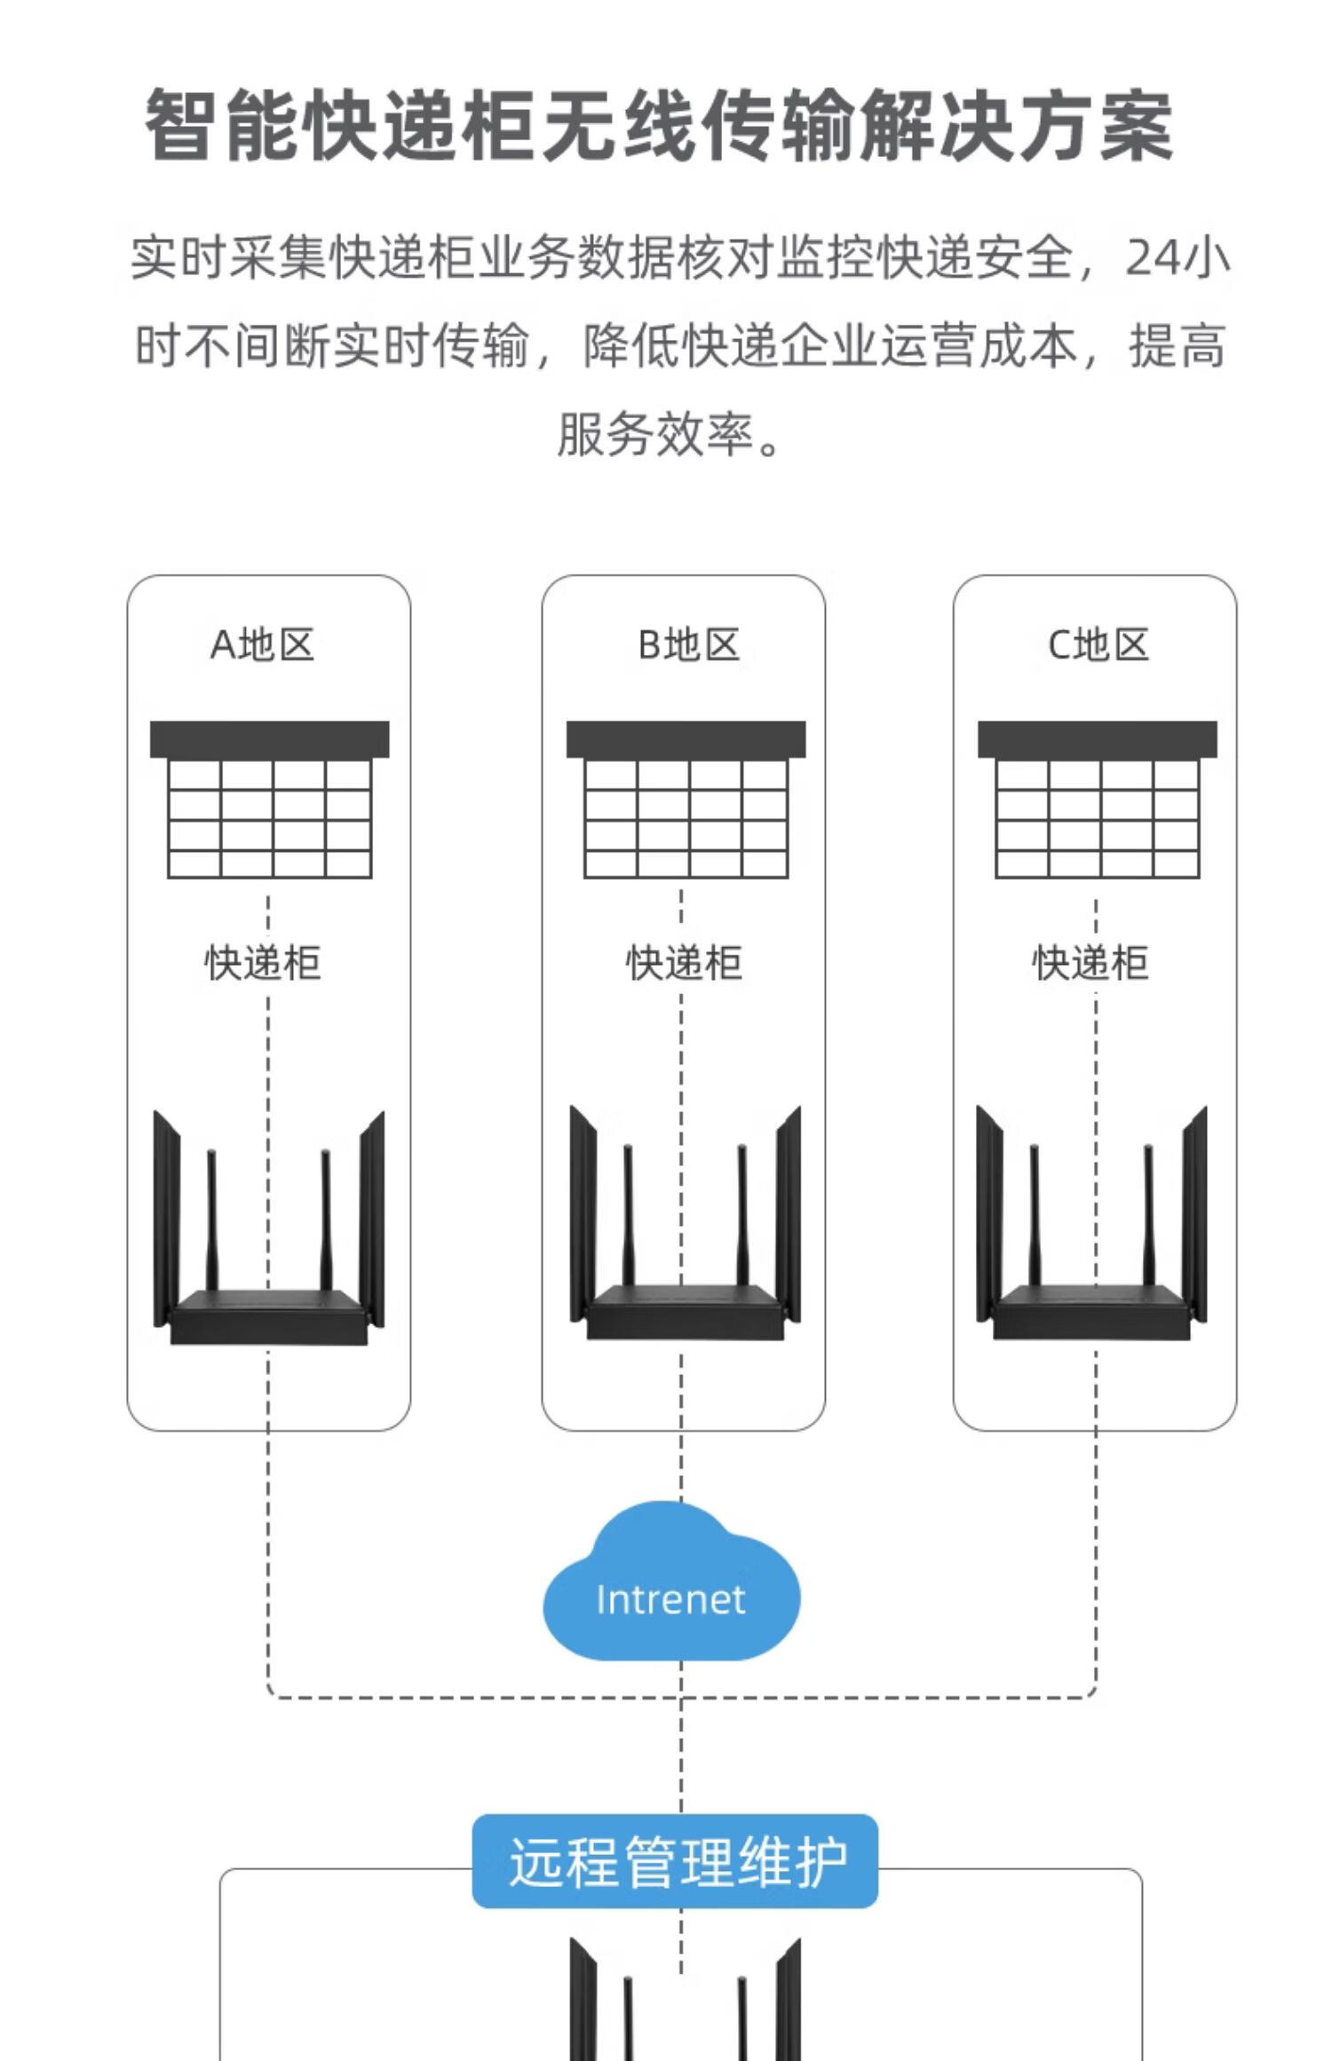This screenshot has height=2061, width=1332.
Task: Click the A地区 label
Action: (262, 645)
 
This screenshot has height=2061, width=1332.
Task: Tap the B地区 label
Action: (688, 645)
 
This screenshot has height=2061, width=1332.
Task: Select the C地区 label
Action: (1098, 645)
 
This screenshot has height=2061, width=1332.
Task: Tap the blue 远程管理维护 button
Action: (675, 1861)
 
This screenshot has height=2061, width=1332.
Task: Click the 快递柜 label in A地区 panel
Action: (263, 963)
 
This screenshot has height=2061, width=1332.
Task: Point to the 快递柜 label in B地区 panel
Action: (684, 963)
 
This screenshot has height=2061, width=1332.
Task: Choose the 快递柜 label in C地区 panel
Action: (1090, 963)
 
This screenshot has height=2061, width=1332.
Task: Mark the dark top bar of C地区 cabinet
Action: (1097, 739)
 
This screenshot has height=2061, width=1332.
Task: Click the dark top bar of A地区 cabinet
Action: (269, 739)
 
